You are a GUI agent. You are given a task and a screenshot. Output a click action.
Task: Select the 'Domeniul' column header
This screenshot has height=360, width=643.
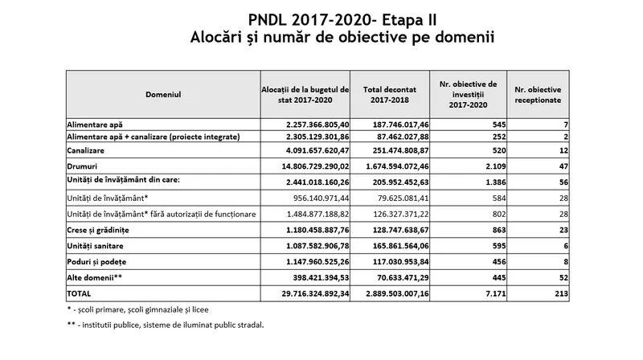pyautogui.click(x=163, y=95)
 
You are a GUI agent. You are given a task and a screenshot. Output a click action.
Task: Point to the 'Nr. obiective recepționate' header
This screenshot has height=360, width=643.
pyautogui.click(x=538, y=95)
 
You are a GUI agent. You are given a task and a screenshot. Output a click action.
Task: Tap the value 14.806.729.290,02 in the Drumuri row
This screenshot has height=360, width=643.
pyautogui.click(x=305, y=166)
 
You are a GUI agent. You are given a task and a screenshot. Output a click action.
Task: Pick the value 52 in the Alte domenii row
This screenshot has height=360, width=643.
pyautogui.click(x=563, y=278)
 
